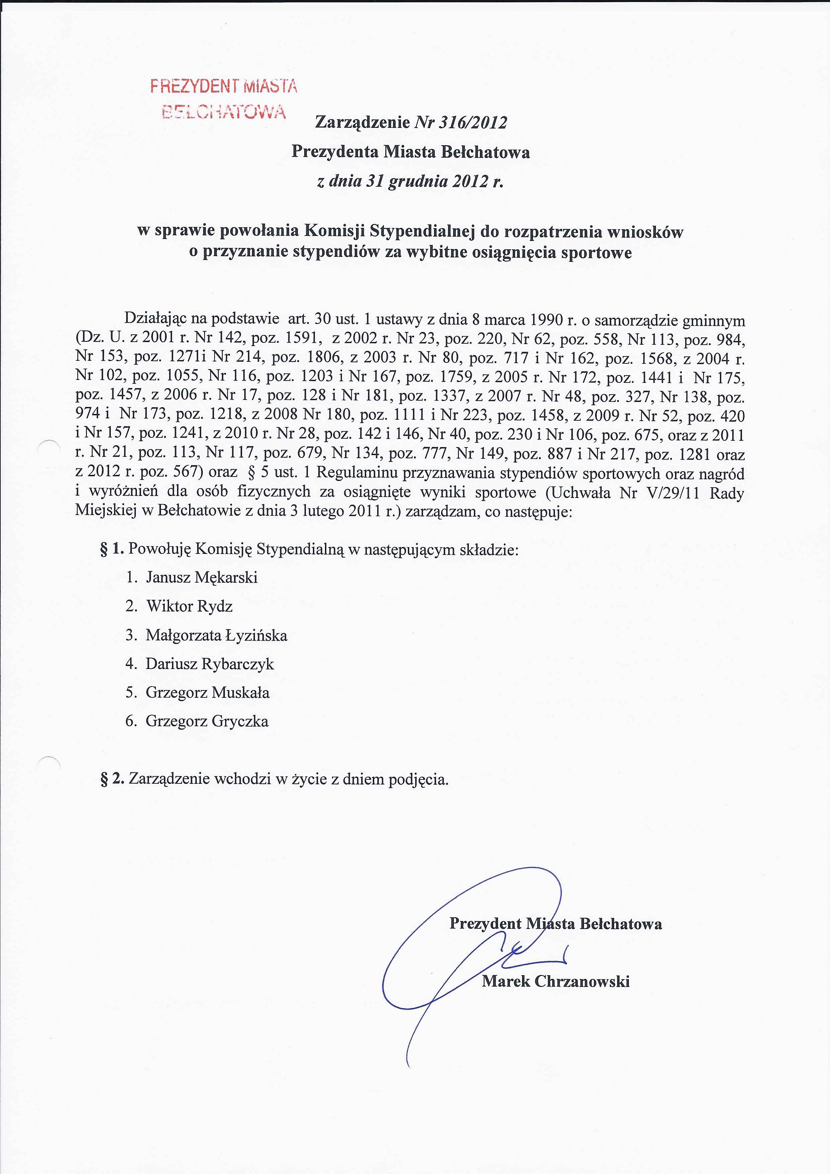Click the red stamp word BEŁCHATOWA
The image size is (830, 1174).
pyautogui.click(x=224, y=111)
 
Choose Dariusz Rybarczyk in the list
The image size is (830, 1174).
pyautogui.click(x=210, y=664)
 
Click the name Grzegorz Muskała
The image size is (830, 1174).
pyautogui.click(x=207, y=693)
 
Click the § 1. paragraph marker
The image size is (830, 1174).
pyautogui.click(x=112, y=549)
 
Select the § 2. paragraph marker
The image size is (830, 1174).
pyautogui.click(x=112, y=779)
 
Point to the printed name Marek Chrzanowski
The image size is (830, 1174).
pyautogui.click(x=555, y=981)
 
